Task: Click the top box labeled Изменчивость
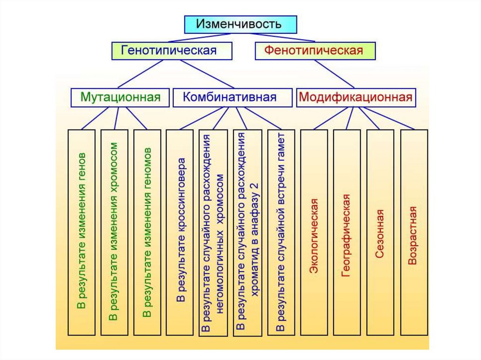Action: pos(240,24)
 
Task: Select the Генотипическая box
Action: pos(172,50)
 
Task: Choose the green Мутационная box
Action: pos(120,98)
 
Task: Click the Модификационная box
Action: pos(356,98)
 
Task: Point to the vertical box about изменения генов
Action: pos(82,232)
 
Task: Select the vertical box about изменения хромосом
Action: pos(114,232)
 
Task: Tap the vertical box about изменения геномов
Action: pos(147,232)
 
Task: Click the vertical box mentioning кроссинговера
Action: pos(179,232)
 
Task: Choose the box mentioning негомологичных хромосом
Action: pos(213,232)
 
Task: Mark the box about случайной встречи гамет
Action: pos(281,232)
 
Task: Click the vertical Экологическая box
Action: pos(314,232)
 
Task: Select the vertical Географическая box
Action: pos(347,232)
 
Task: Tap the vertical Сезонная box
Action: pos(380,232)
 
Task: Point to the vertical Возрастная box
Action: pos(414,232)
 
